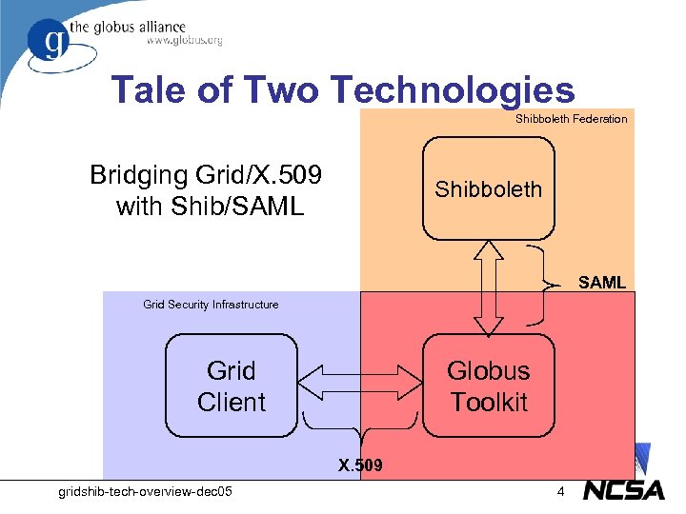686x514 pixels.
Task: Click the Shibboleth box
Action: (489, 188)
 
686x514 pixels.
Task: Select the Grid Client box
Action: (231, 385)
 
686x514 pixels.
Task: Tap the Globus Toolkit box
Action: (488, 385)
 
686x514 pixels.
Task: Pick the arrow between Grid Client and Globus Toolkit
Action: (359, 385)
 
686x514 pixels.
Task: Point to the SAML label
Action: (602, 283)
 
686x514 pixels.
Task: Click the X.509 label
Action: (360, 465)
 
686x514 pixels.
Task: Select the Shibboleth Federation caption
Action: (571, 119)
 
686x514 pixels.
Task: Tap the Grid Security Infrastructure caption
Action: (211, 305)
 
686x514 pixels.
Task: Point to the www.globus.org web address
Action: (185, 41)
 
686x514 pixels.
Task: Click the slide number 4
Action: (561, 491)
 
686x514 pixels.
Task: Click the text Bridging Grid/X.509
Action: (206, 175)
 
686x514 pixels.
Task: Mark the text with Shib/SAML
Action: (209, 206)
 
